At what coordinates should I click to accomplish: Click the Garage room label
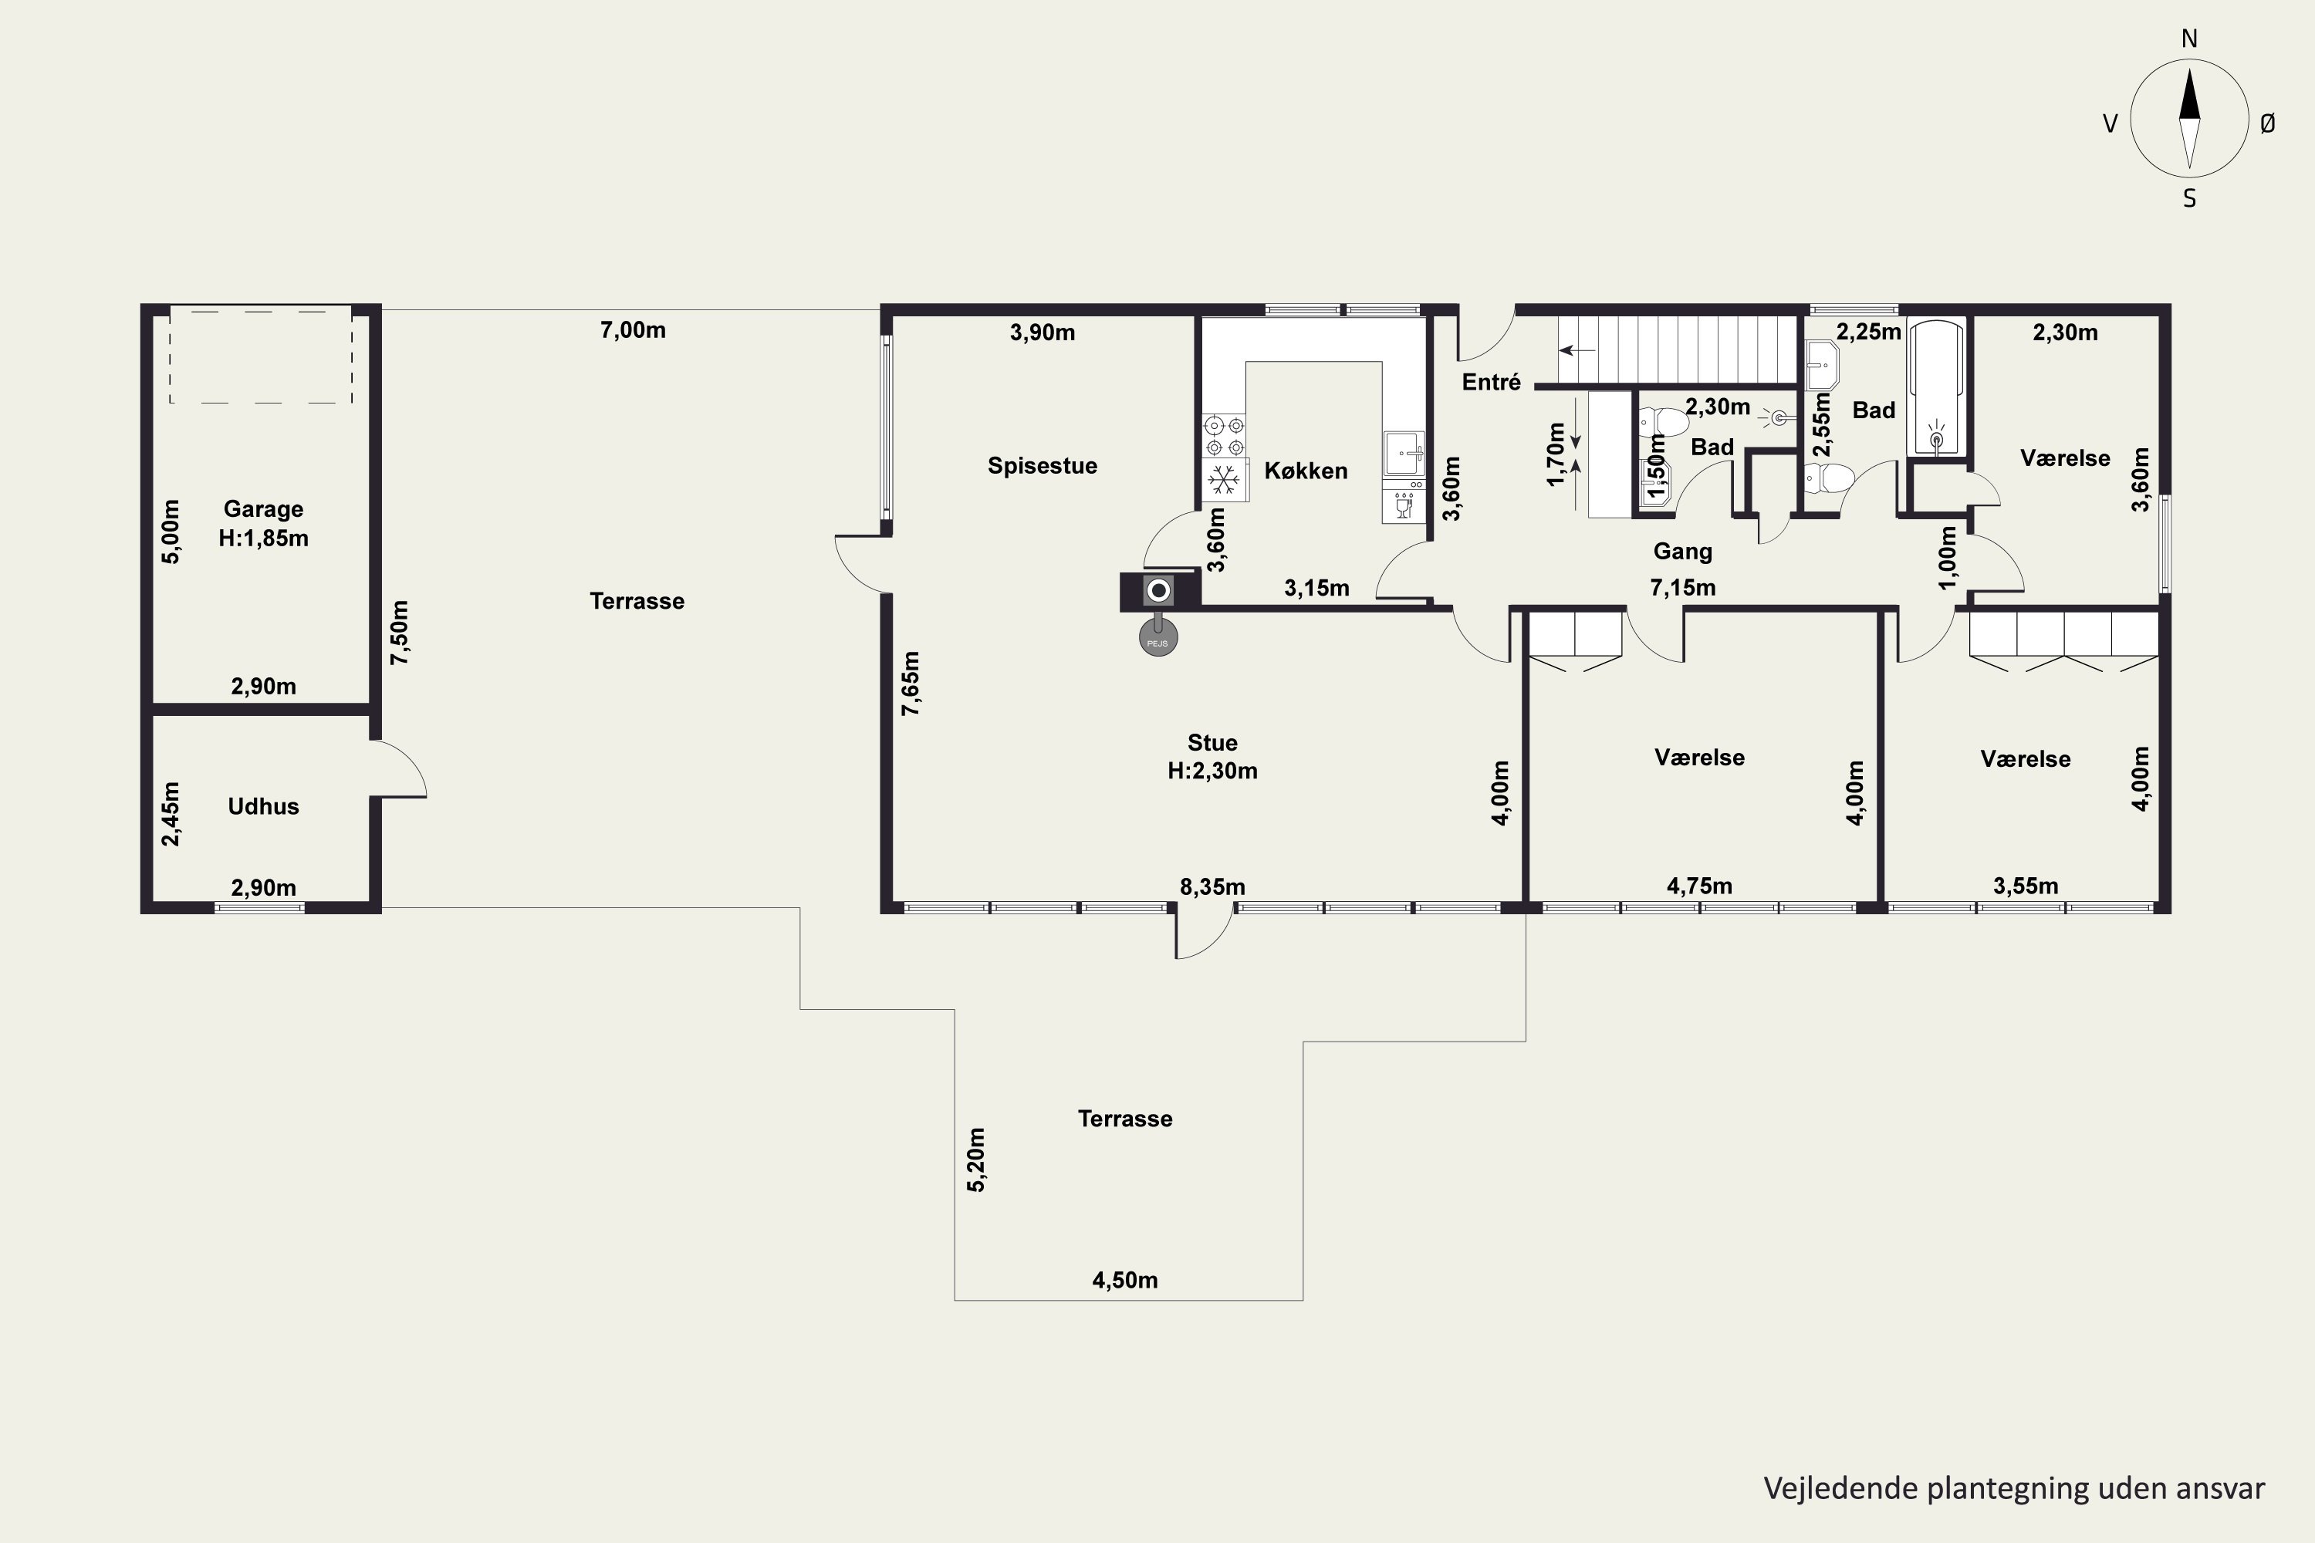tap(264, 508)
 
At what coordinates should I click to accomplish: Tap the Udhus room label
tap(263, 806)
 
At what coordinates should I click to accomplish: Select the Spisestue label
tap(1043, 465)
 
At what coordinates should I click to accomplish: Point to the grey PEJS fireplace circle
tap(1158, 639)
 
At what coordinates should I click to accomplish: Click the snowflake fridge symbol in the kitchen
tap(1222, 480)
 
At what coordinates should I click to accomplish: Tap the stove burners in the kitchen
tap(1225, 436)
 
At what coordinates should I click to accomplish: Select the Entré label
tap(1491, 382)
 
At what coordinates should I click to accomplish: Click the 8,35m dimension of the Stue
tap(1212, 886)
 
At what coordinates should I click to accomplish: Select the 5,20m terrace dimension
tap(975, 1160)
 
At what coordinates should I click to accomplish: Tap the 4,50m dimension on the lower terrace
tap(1125, 1280)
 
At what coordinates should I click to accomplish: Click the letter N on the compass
tap(2189, 39)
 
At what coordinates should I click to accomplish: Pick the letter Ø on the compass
tap(2268, 123)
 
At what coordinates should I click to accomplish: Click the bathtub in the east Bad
tap(1936, 388)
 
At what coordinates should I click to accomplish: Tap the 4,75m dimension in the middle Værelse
tap(1700, 886)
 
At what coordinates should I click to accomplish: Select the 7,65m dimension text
tap(911, 683)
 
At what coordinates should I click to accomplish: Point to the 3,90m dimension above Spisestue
tap(1043, 333)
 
